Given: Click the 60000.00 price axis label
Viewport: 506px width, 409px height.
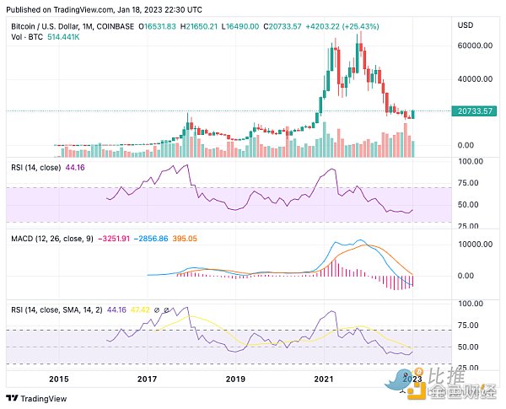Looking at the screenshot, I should tap(476, 46).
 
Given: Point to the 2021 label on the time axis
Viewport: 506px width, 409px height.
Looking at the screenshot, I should tap(325, 379).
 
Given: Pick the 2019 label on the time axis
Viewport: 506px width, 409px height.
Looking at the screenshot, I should tap(235, 379).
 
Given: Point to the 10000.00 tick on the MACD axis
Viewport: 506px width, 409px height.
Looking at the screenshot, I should tap(476, 244).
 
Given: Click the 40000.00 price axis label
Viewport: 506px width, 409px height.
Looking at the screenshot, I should tap(476, 79).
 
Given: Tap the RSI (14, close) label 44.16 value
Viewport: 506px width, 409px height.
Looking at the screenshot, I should tap(77, 168).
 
